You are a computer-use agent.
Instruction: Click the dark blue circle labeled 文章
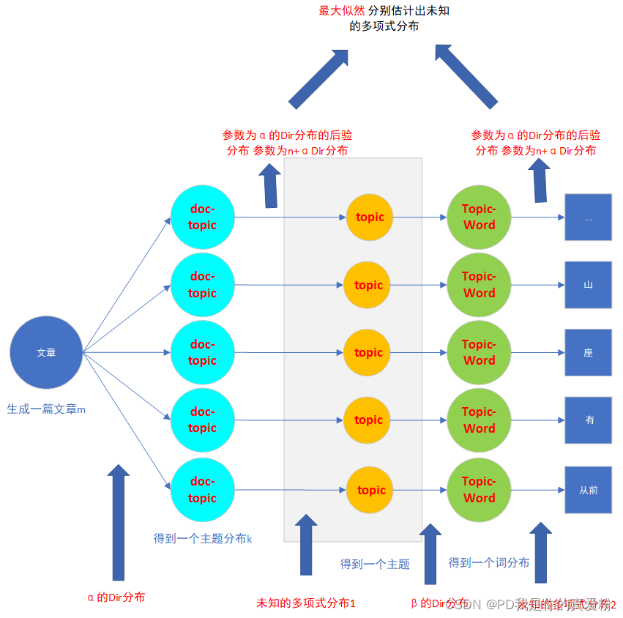coord(46,352)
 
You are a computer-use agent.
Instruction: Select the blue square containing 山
coord(588,284)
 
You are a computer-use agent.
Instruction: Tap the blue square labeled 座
coord(588,352)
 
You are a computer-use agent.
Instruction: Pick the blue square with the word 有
coord(588,420)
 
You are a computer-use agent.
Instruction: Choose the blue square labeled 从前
coord(588,490)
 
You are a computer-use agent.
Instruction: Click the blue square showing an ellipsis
coord(588,217)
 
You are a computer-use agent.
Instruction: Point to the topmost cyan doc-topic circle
coord(202,217)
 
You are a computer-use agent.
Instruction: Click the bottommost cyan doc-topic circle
coord(202,490)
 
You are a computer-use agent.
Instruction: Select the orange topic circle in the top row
coord(370,217)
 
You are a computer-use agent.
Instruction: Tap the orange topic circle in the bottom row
coord(370,490)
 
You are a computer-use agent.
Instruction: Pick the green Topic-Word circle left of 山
coord(479,284)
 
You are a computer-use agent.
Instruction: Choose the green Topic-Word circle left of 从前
coord(479,490)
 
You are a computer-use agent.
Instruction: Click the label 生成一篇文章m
coord(46,409)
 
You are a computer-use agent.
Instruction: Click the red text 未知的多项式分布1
coord(305,603)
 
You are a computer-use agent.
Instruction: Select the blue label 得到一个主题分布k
coord(203,538)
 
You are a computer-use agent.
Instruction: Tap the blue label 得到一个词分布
coord(488,562)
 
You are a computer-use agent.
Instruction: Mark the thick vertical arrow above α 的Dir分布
coord(118,521)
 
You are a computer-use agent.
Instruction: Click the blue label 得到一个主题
coord(375,564)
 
